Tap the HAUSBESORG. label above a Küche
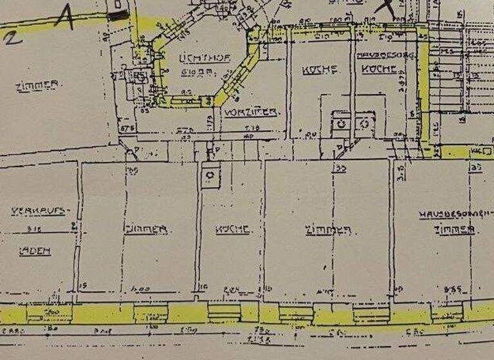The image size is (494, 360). click(x=385, y=55)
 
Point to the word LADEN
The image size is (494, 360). click(x=39, y=251)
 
